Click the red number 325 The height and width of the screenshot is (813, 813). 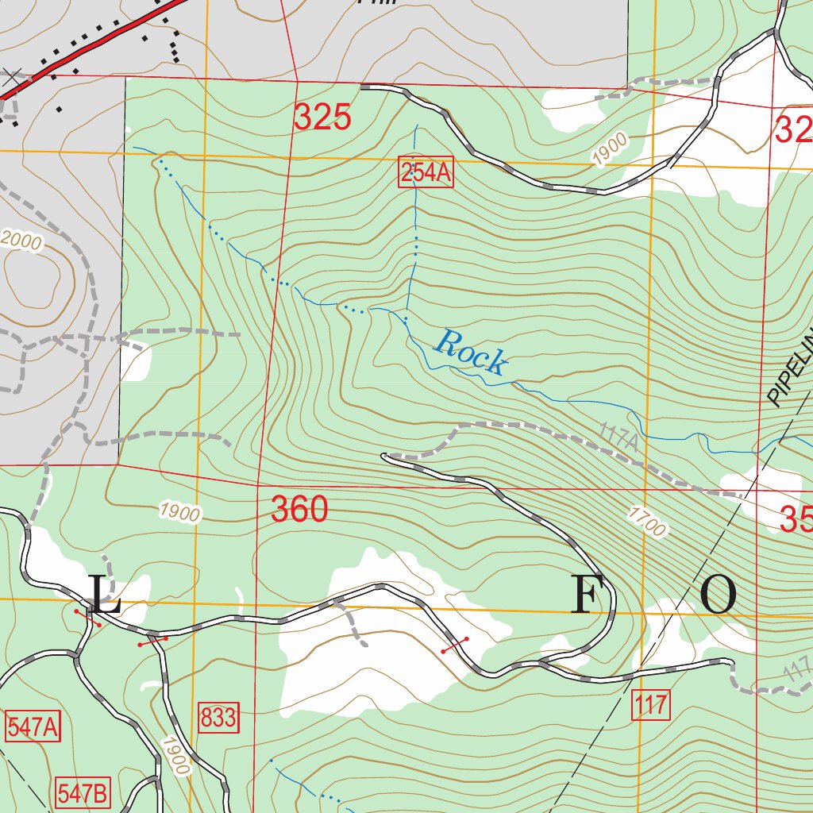click(x=322, y=118)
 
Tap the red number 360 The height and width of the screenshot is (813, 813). click(x=299, y=510)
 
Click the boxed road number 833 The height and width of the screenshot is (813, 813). click(x=218, y=718)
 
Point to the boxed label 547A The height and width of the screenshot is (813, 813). click(x=33, y=727)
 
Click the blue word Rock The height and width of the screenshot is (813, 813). click(x=470, y=353)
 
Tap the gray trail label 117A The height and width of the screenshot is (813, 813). click(x=619, y=439)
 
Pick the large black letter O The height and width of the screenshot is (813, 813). click(x=719, y=595)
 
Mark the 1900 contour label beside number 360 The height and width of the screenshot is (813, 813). click(x=179, y=512)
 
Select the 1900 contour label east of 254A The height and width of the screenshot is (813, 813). click(x=610, y=150)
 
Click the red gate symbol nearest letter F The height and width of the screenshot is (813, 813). click(x=455, y=644)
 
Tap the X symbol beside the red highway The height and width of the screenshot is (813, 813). click(x=11, y=77)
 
